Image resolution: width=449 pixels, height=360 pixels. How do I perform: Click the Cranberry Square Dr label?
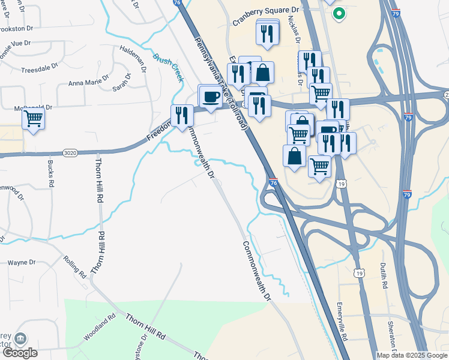click(265, 11)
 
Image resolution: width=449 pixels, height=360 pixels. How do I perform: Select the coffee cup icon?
click(211, 97)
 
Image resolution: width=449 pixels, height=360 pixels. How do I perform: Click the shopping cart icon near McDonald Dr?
click(34, 118)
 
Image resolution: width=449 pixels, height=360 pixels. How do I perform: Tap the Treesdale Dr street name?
click(39, 70)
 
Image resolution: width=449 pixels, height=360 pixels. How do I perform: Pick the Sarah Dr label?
click(122, 84)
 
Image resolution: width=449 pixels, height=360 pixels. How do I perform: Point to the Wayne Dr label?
click(22, 262)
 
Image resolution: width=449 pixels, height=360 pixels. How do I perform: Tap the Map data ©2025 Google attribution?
click(412, 355)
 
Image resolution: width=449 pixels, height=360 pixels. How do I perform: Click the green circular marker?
click(339, 13)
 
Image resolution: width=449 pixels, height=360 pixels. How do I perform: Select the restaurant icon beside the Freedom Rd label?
click(182, 115)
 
